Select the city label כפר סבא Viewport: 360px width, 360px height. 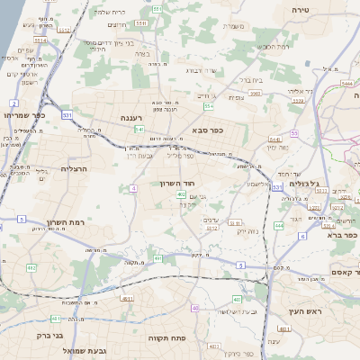208,130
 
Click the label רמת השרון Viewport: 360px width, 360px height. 63,221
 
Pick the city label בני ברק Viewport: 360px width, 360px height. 51,336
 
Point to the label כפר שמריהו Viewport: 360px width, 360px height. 22,115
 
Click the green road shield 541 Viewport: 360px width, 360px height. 139,130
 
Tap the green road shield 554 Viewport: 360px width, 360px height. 209,106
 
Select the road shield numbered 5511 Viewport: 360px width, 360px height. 157,9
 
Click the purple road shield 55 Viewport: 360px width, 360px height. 294,133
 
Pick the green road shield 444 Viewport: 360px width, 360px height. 279,225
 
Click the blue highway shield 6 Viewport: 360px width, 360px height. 302,236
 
